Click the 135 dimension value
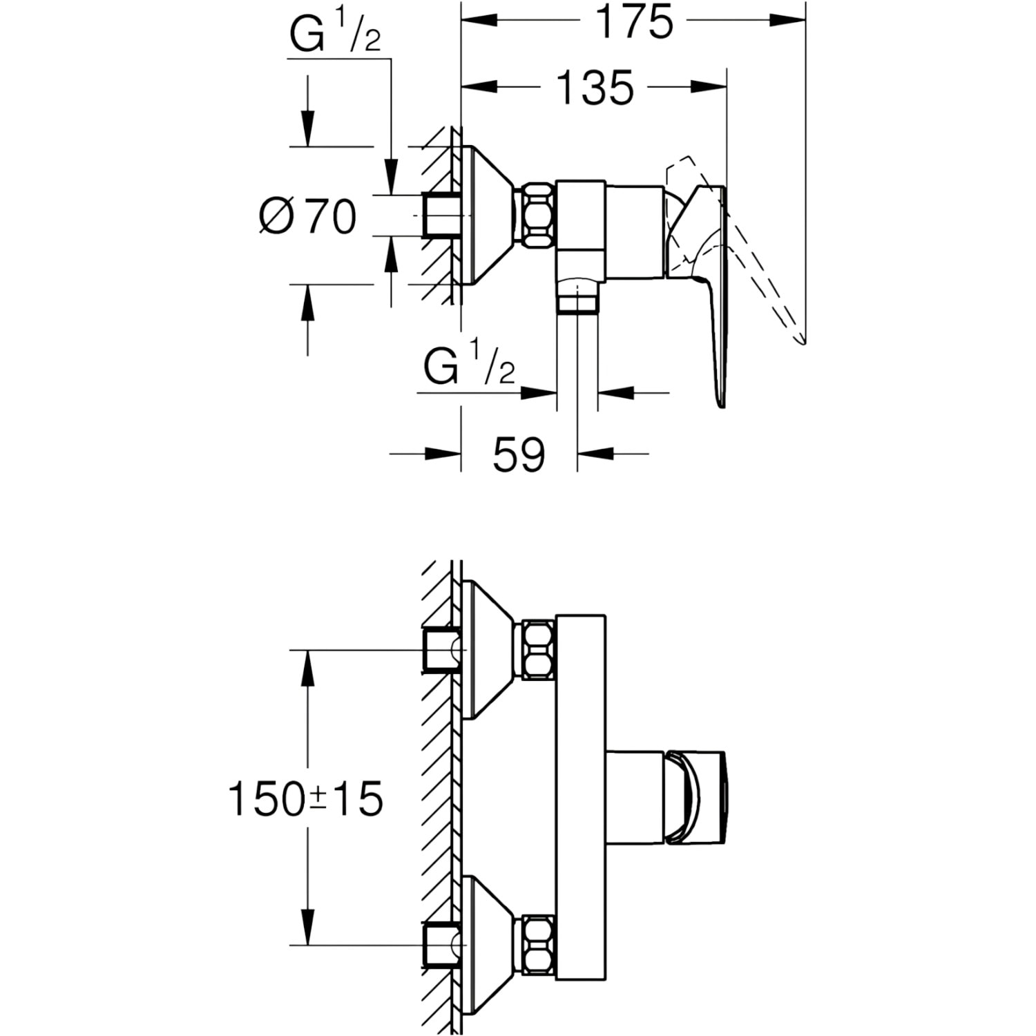coord(595,88)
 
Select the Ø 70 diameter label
coord(308,215)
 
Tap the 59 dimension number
coord(519,454)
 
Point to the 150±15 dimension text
coord(305,799)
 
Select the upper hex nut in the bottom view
coord(538,650)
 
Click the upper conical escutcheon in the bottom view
coord(489,650)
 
